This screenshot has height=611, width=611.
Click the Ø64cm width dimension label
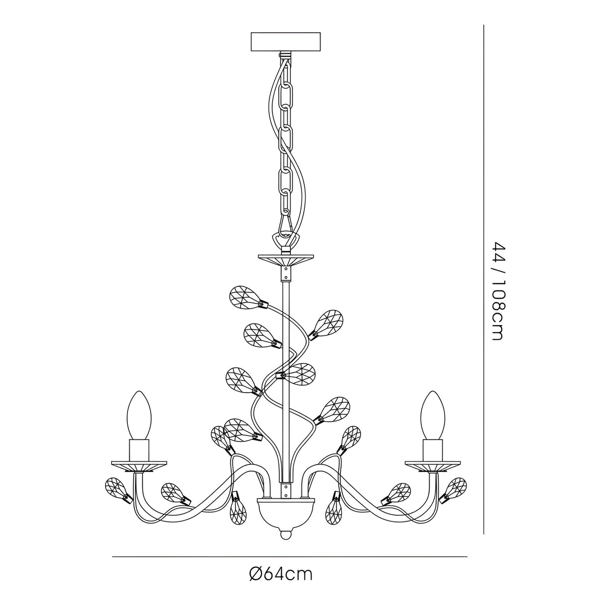(x=281, y=574)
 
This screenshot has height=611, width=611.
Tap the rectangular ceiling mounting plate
(x=285, y=42)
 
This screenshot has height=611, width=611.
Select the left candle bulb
(x=138, y=415)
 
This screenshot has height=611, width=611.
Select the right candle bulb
(x=432, y=415)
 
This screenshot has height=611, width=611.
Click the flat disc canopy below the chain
(x=285, y=261)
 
